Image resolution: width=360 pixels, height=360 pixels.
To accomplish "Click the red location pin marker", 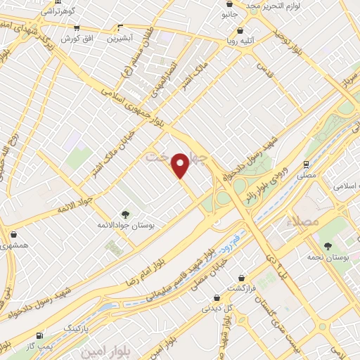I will (181, 165).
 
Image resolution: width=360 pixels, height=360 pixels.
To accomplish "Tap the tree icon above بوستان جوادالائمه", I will (125, 214).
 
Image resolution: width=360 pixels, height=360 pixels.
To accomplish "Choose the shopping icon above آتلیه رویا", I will (242, 31).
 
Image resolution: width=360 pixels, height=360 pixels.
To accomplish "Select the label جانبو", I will (229, 14).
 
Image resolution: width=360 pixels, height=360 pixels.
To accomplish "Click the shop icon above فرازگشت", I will (242, 278).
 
